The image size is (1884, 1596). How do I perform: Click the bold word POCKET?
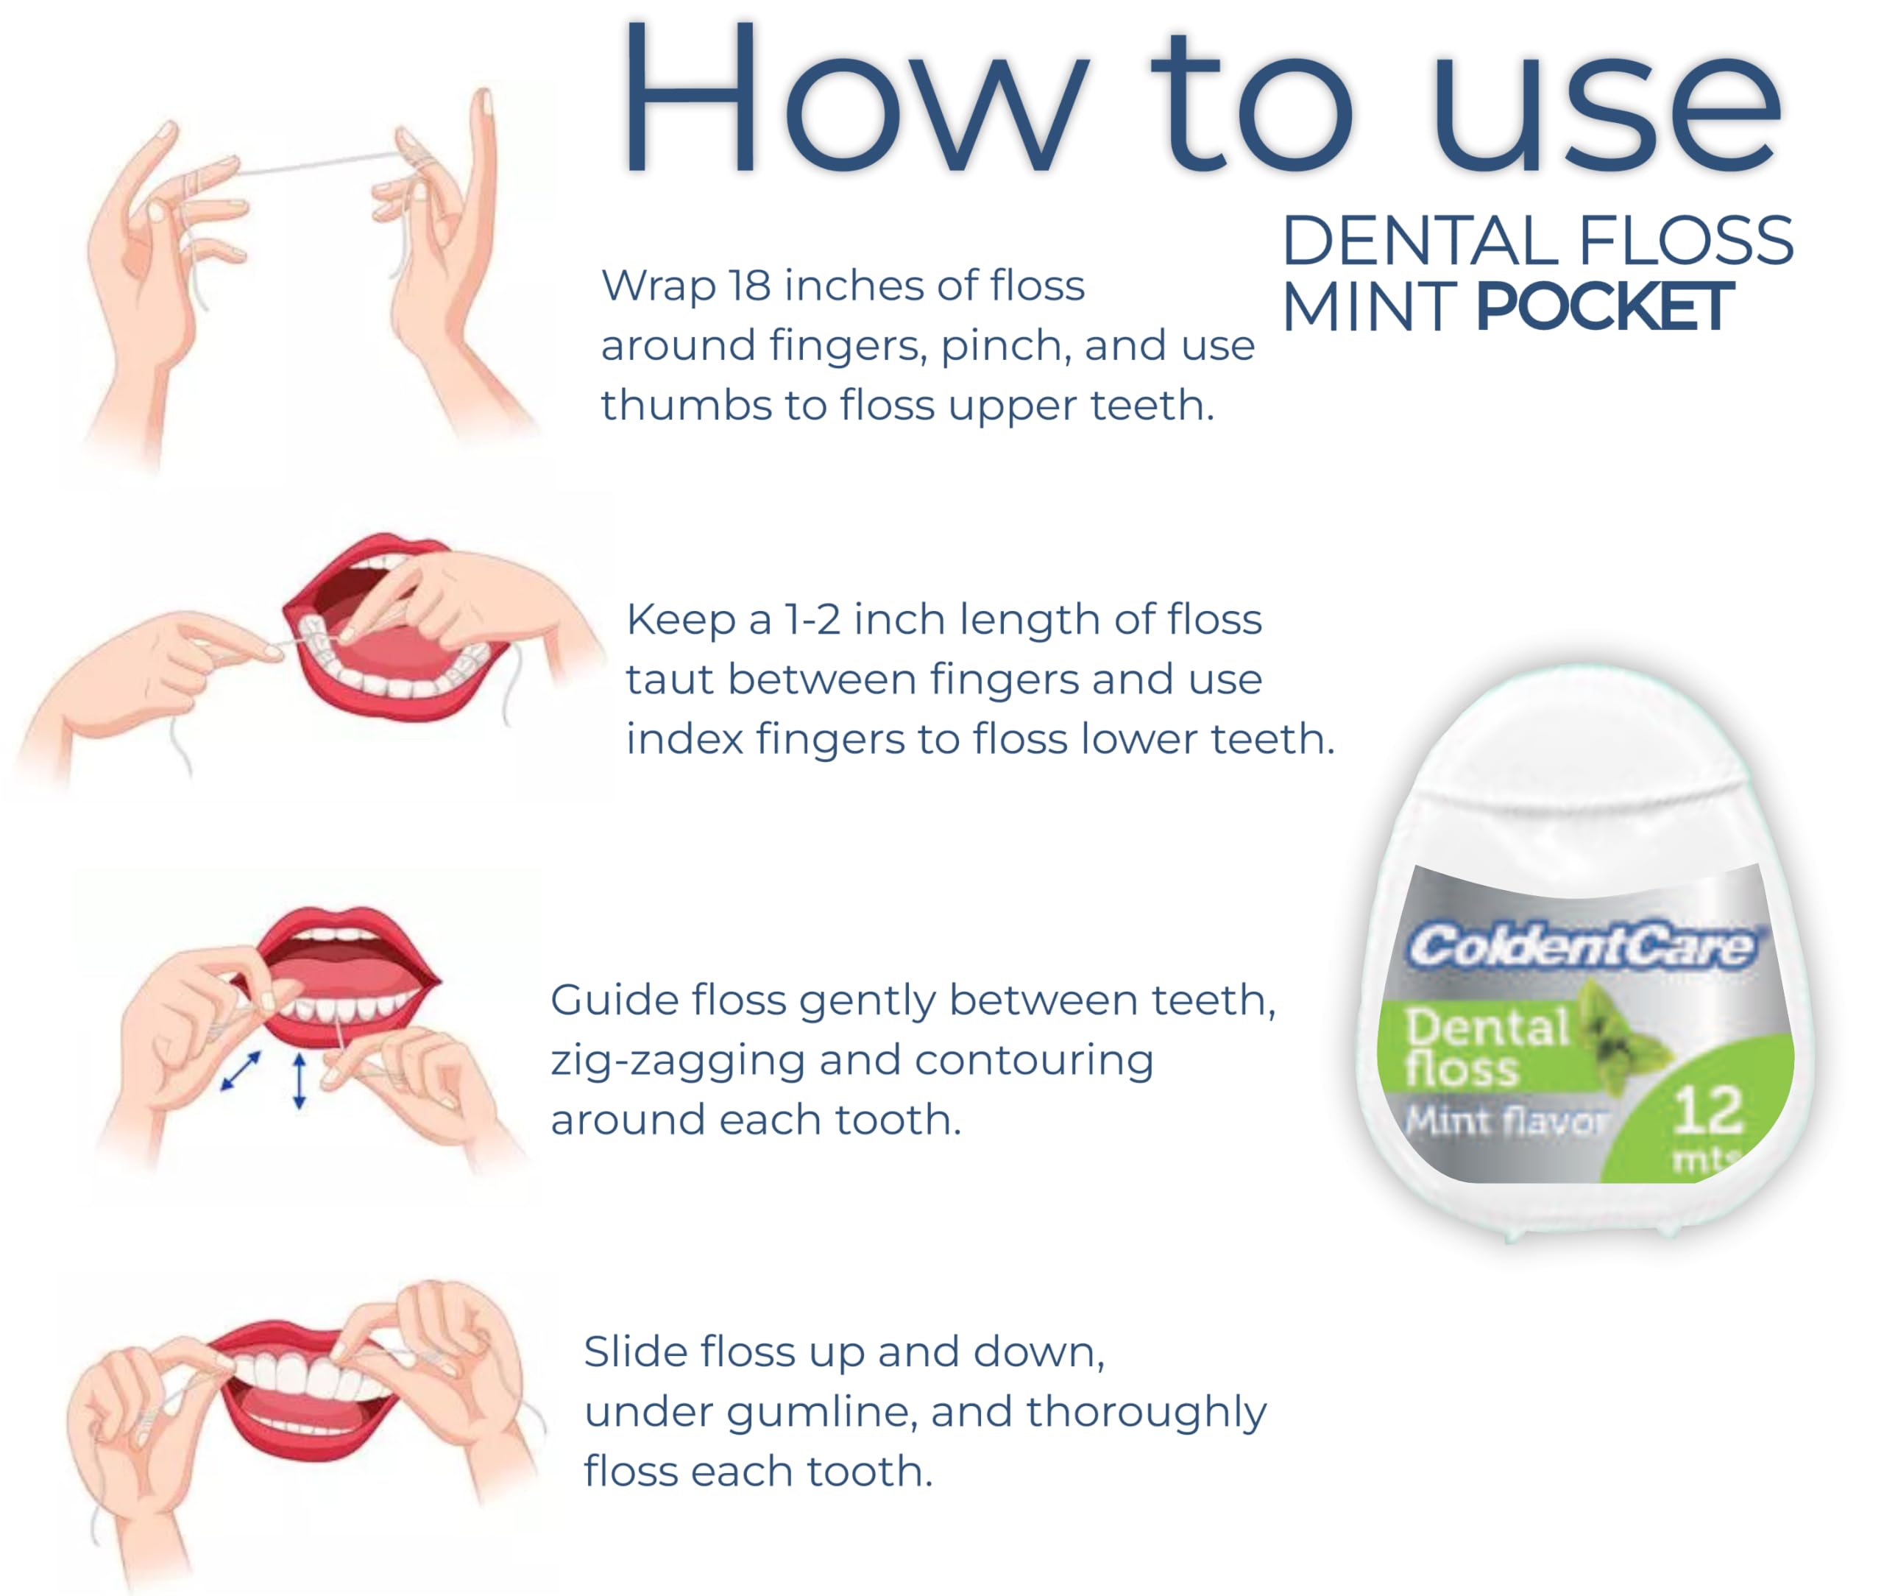(x=1604, y=308)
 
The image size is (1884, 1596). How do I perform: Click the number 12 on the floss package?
(x=1707, y=1110)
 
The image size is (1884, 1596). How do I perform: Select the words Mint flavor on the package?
(x=1505, y=1122)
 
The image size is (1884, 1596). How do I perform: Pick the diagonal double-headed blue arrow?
(x=241, y=1070)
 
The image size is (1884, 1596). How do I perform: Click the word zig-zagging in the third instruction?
(x=679, y=1060)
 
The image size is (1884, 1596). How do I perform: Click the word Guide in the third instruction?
(x=613, y=1000)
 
